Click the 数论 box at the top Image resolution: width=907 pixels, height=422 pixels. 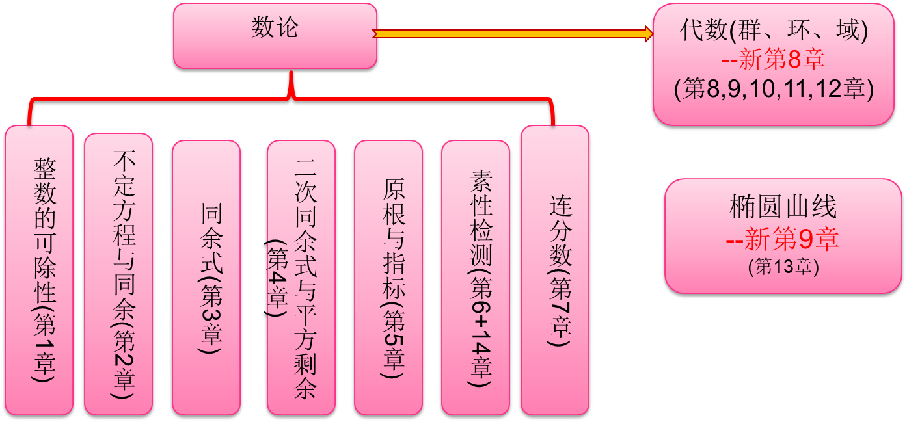tap(275, 36)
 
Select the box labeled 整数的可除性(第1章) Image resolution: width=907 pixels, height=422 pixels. tap(39, 270)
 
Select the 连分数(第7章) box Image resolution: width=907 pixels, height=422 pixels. tap(555, 270)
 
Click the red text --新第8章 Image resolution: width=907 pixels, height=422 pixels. tap(773, 60)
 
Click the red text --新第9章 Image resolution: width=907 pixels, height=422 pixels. tap(782, 240)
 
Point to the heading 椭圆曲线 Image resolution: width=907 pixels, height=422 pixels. tap(783, 207)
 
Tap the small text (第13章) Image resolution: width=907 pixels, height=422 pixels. tap(783, 267)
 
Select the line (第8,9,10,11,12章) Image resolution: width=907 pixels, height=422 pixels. tap(773, 89)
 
